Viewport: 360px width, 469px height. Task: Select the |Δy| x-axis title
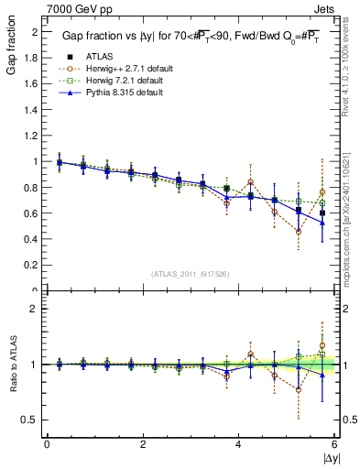coord(325,458)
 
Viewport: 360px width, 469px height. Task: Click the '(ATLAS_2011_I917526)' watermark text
coord(190,274)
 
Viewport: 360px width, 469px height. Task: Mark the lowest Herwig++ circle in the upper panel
coord(299,231)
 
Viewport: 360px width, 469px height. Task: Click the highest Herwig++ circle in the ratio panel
coord(322,321)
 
